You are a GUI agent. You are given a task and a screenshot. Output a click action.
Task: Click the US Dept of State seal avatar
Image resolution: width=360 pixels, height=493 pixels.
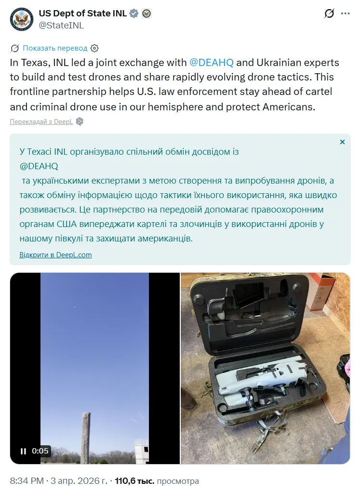(21, 19)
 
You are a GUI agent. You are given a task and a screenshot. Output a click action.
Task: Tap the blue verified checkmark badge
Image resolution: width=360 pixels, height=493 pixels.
(134, 13)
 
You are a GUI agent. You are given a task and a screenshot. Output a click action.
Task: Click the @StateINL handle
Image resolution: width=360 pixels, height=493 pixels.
(61, 26)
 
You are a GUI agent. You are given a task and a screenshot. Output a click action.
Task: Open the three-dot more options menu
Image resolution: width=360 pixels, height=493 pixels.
(345, 13)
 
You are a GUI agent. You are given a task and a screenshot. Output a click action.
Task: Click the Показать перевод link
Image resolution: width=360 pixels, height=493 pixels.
(55, 48)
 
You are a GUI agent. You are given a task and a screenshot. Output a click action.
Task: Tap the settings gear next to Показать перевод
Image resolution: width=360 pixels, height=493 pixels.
(94, 48)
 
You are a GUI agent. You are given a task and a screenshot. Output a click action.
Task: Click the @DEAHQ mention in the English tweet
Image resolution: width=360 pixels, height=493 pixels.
(211, 63)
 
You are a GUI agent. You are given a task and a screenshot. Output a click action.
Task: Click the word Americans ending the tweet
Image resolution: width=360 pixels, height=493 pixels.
(289, 107)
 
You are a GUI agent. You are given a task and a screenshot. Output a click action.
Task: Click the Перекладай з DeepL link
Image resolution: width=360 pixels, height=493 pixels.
(41, 121)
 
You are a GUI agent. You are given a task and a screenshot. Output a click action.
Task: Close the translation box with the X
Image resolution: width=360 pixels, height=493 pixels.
(342, 142)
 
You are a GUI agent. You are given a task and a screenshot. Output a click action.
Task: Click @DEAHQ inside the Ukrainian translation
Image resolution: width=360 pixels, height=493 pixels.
(39, 166)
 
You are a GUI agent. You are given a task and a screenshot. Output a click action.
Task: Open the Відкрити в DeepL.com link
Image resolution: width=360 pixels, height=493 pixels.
(55, 254)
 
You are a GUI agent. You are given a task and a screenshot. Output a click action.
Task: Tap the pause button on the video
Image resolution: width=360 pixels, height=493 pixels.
(23, 451)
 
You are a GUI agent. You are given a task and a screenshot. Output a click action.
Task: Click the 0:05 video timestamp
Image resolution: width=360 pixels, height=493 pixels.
(40, 451)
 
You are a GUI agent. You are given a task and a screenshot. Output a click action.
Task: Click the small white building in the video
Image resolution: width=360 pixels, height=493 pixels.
(141, 451)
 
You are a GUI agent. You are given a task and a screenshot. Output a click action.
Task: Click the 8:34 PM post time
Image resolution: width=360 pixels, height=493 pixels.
(27, 481)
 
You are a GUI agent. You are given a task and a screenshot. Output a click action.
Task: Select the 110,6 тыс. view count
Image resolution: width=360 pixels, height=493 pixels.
(134, 481)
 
